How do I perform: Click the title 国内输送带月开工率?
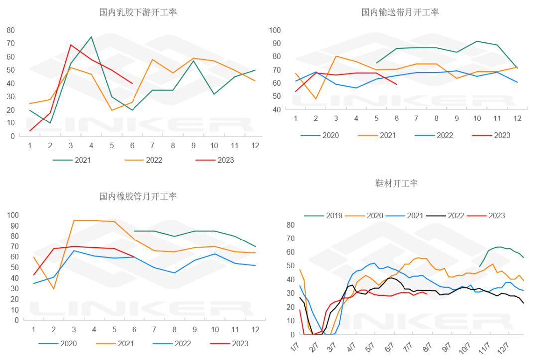click(400, 12)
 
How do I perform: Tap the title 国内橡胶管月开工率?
click(138, 196)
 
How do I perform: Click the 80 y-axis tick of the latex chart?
click(10, 30)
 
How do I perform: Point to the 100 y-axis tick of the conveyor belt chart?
click(275, 30)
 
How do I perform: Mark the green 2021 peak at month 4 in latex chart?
click(91, 37)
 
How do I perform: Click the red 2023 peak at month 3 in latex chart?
click(71, 45)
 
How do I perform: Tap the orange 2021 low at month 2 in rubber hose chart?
click(53, 289)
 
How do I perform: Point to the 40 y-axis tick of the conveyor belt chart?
click(277, 109)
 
